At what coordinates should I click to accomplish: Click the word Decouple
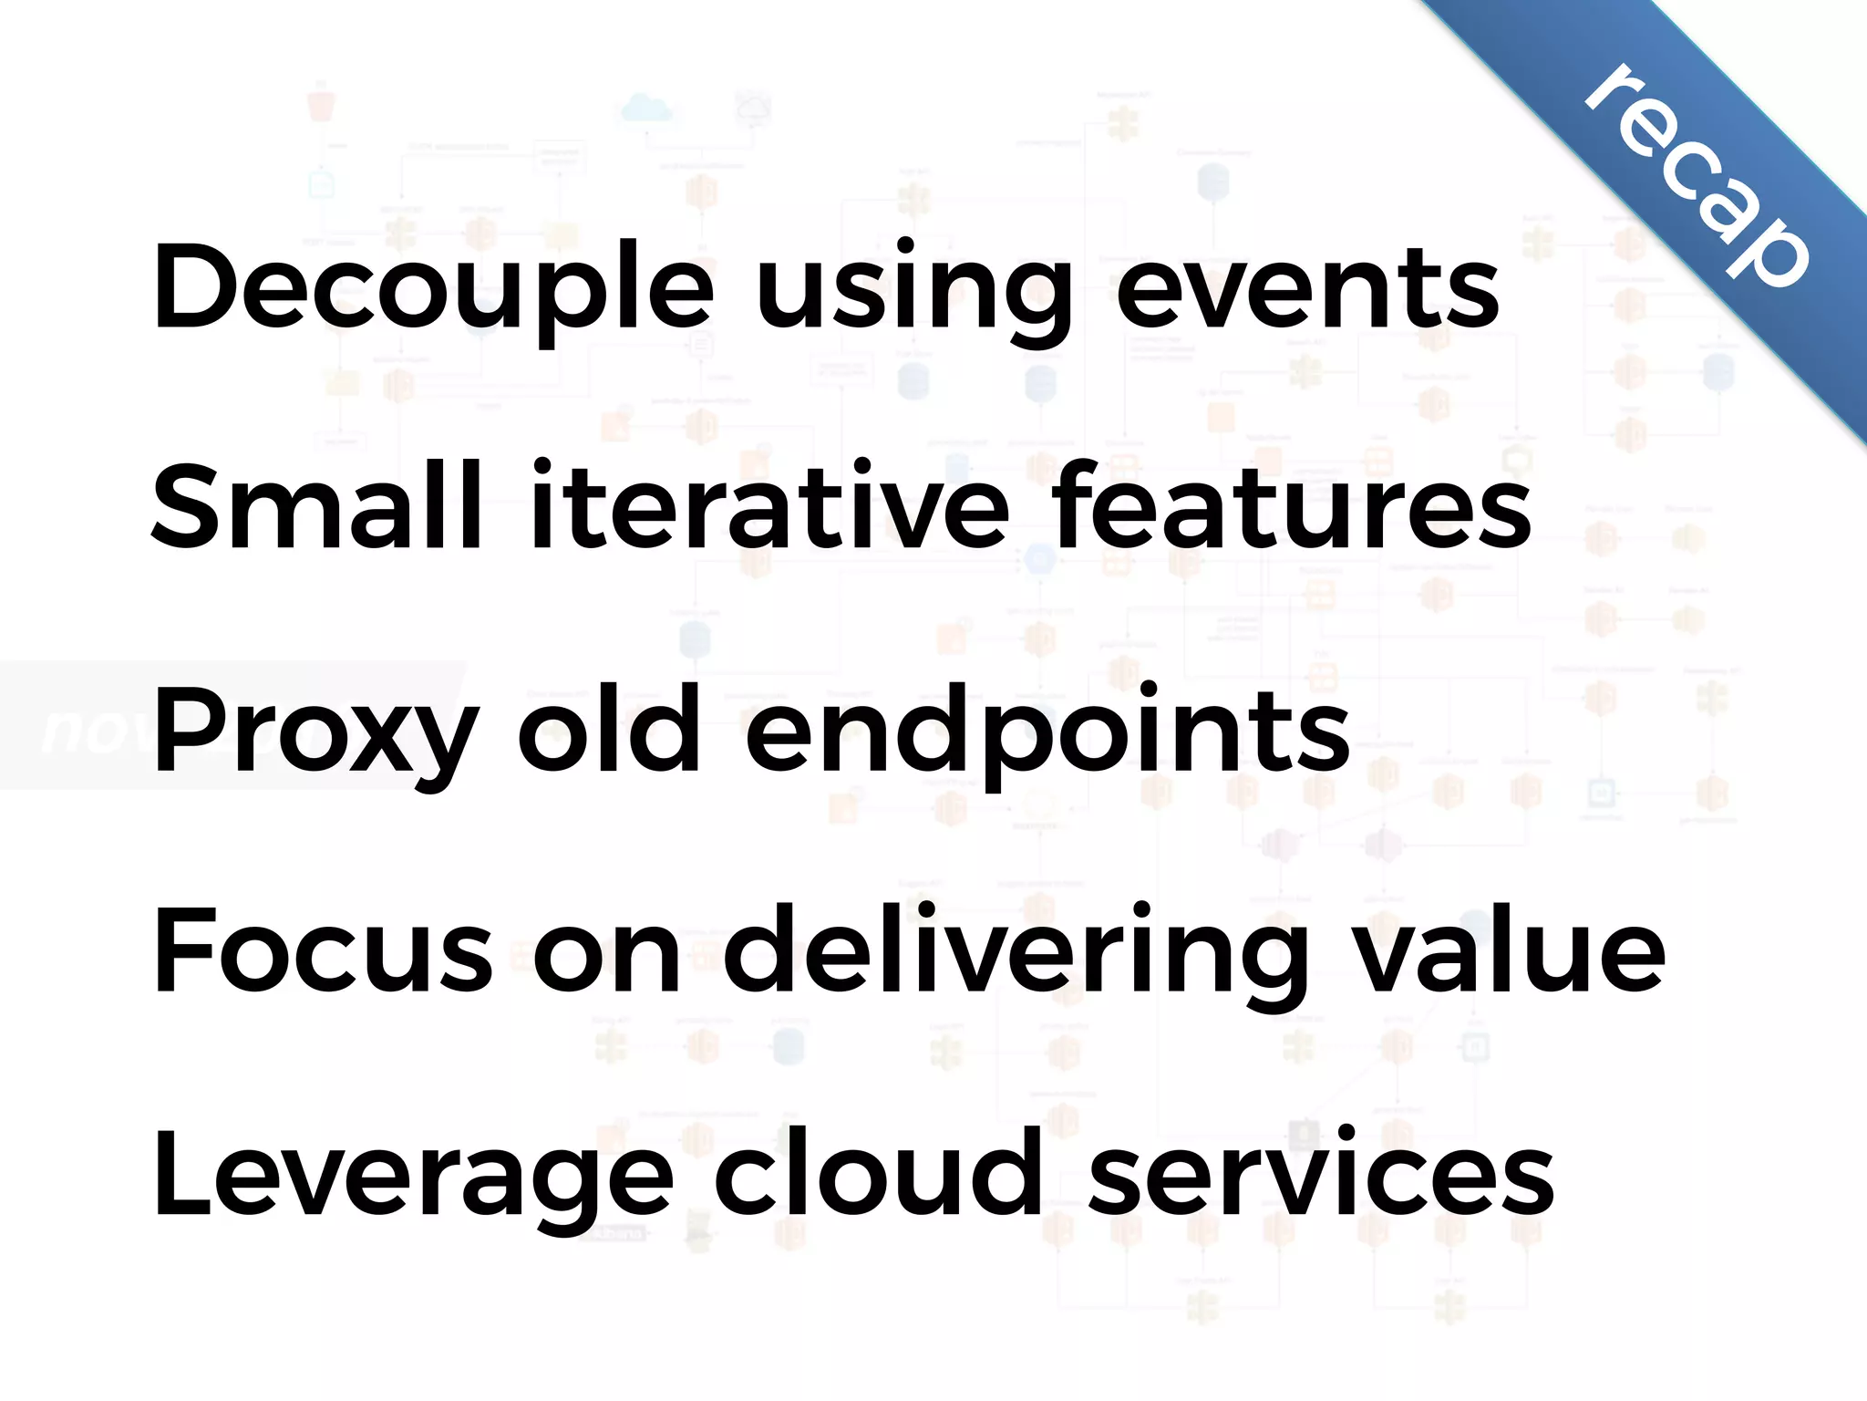click(434, 290)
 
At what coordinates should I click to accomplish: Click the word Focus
click(323, 951)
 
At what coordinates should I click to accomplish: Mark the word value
click(1511, 951)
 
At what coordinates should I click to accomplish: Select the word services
click(1321, 1175)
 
